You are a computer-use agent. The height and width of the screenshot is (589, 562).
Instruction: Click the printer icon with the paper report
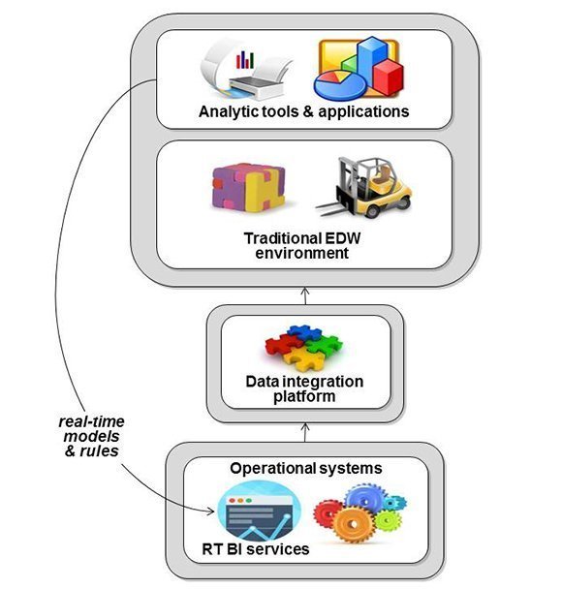[246, 70]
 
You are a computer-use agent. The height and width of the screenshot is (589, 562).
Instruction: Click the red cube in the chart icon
[388, 77]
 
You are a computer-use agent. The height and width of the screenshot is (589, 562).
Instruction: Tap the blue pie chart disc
[340, 85]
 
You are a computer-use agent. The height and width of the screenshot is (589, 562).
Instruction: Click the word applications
[363, 112]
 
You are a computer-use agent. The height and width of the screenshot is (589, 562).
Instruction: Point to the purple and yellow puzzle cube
[248, 187]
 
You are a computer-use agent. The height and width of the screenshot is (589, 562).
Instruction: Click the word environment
[302, 253]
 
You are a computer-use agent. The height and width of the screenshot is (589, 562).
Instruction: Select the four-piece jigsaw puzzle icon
[303, 348]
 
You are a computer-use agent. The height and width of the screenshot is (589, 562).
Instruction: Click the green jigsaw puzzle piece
[324, 346]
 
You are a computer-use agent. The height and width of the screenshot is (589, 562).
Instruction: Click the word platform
[304, 396]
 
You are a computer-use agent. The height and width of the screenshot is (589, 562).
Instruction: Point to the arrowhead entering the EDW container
[305, 291]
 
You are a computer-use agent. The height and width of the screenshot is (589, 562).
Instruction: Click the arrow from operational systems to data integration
[305, 432]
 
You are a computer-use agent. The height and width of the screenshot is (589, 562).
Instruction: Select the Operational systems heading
[306, 469]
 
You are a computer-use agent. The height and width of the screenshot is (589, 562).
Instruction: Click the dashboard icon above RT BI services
[260, 511]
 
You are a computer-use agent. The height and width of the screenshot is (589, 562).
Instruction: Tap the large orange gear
[353, 524]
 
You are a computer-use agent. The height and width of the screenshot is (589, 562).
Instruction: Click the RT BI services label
[256, 549]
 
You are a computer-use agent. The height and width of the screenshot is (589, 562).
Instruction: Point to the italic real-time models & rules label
[91, 436]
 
